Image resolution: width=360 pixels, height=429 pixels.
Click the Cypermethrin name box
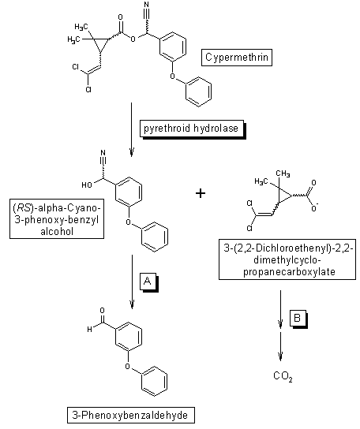[237, 58]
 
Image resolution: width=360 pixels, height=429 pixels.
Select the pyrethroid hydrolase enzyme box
[192, 129]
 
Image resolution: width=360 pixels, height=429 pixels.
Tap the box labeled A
[148, 281]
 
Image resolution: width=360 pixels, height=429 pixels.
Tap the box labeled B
[298, 318]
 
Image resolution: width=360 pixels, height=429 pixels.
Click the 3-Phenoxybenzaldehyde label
[131, 415]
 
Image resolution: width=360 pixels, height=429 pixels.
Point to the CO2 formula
[283, 376]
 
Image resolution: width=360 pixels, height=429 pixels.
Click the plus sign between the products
[201, 193]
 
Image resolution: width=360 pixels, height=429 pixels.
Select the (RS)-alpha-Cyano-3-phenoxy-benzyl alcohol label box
[57, 219]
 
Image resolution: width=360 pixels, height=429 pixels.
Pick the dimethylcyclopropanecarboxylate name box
[287, 259]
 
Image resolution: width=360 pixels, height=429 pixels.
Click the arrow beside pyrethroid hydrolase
[132, 129]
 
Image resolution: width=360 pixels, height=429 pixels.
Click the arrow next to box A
[132, 282]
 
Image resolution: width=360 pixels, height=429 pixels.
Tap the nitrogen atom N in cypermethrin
[147, 5]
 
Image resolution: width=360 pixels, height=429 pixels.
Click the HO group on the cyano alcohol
[87, 185]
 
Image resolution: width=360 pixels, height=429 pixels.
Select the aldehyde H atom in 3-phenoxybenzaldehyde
[89, 330]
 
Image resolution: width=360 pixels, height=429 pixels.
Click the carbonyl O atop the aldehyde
[102, 310]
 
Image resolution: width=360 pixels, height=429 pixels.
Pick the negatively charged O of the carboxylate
[314, 208]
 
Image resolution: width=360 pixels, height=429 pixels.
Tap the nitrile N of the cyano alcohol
[103, 152]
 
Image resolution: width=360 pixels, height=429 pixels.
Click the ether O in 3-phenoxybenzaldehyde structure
[128, 366]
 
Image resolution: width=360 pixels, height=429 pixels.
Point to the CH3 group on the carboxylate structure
[283, 173]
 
